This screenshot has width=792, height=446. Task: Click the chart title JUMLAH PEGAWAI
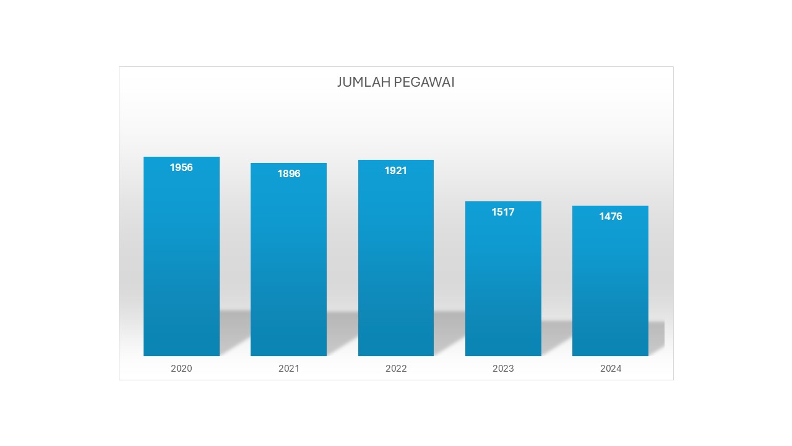[396, 82]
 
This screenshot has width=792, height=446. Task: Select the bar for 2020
[181, 260]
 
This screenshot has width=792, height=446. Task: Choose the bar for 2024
[610, 285]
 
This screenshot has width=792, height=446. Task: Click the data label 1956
[181, 167]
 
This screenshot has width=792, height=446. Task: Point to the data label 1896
[288, 173]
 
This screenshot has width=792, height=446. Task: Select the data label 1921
[396, 170]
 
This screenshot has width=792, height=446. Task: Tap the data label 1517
[503, 212]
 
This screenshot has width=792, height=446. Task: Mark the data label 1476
[610, 216]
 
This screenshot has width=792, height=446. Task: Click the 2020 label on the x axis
[181, 369]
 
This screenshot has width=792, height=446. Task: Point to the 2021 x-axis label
[288, 369]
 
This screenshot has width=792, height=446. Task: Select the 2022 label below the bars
[396, 369]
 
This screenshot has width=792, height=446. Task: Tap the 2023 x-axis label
[503, 369]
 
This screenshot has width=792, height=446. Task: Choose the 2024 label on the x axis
[611, 369]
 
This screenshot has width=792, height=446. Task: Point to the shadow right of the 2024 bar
[656, 334]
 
